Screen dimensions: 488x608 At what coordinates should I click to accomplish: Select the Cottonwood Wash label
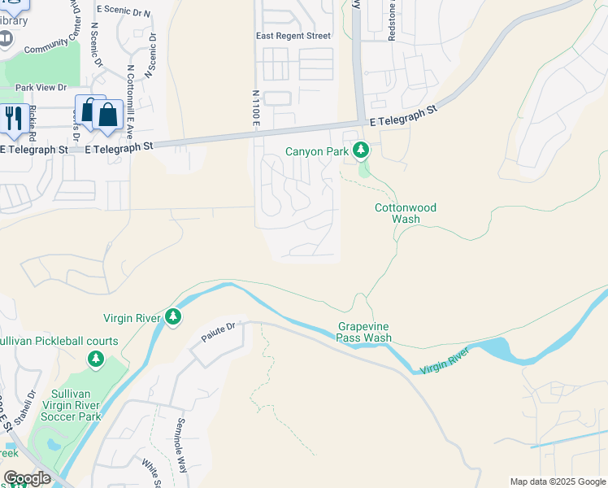coord(405,213)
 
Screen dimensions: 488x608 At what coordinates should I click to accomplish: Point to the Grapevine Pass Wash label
coord(365,332)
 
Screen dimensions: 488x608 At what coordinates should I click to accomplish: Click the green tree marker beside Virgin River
coord(172,317)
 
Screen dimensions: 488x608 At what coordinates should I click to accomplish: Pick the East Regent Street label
coord(293,36)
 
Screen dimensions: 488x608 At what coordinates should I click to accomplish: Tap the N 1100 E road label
coord(255,106)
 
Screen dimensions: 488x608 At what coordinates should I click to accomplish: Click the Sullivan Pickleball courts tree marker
coord(96,359)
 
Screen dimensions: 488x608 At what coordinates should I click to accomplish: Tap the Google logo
coord(26,478)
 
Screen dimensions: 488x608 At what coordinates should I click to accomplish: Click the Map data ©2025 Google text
coord(557,481)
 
